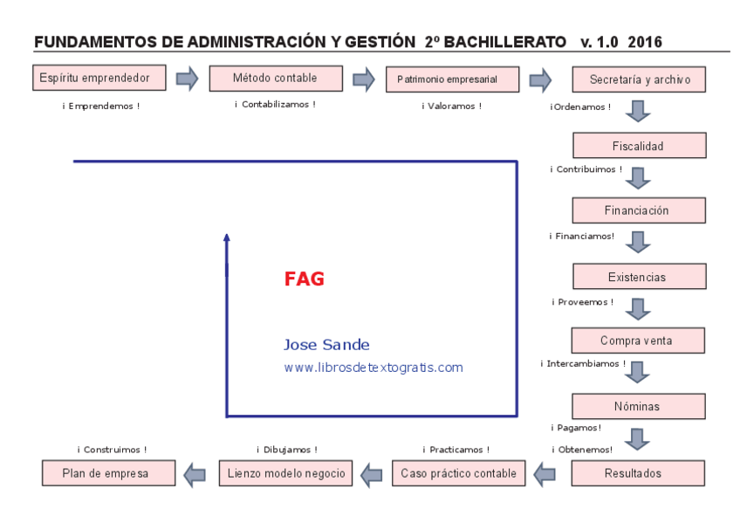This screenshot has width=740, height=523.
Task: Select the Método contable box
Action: pyautogui.click(x=275, y=79)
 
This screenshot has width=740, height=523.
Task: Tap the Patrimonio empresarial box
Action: pyautogui.click(x=447, y=79)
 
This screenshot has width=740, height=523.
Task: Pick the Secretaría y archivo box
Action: pyautogui.click(x=639, y=79)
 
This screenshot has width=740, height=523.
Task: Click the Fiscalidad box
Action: pyautogui.click(x=639, y=146)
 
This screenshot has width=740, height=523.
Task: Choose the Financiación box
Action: pyautogui.click(x=639, y=210)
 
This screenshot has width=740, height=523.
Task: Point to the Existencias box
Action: pyautogui.click(x=639, y=277)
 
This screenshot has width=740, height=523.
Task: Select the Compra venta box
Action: pyautogui.click(x=639, y=341)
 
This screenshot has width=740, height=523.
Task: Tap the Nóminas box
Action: pyautogui.click(x=639, y=406)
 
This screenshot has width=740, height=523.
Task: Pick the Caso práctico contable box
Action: pyautogui.click(x=458, y=473)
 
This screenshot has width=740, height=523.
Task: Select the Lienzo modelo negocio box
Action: pyautogui.click(x=285, y=473)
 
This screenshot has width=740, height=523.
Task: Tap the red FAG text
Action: pyautogui.click(x=304, y=279)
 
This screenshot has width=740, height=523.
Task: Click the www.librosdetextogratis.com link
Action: pyautogui.click(x=373, y=368)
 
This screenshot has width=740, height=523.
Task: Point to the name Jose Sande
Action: pyautogui.click(x=326, y=345)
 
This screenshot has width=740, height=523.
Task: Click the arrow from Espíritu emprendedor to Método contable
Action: pyautogui.click(x=187, y=79)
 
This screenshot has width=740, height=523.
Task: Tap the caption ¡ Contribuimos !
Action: pyautogui.click(x=586, y=169)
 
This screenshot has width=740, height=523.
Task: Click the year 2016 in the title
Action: pyautogui.click(x=645, y=42)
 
